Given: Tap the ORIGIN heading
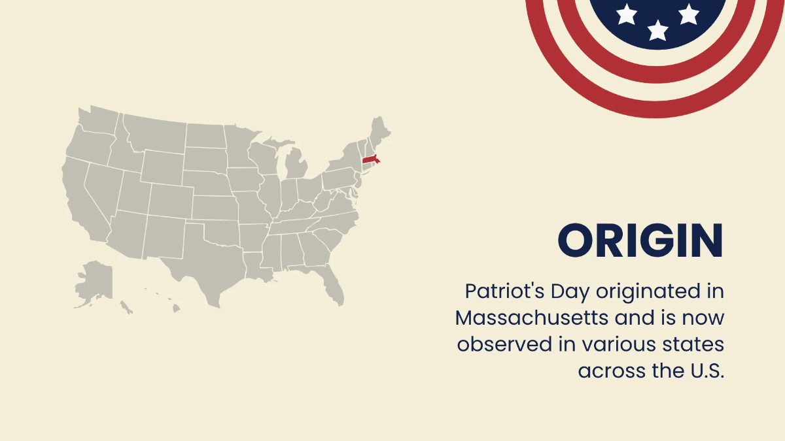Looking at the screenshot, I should point(640,240).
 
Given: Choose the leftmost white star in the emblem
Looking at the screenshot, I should point(627,14).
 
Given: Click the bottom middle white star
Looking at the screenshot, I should point(657,29).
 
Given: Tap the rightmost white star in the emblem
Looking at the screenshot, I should point(688,14).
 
